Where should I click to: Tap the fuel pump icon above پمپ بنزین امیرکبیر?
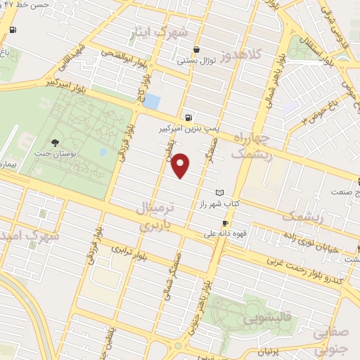click(188, 117)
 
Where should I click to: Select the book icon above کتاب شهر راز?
click(219, 193)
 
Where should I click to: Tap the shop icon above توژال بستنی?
click(196, 49)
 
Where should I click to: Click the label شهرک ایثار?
click(161, 33)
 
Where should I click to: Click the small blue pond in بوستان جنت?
click(103, 151)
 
